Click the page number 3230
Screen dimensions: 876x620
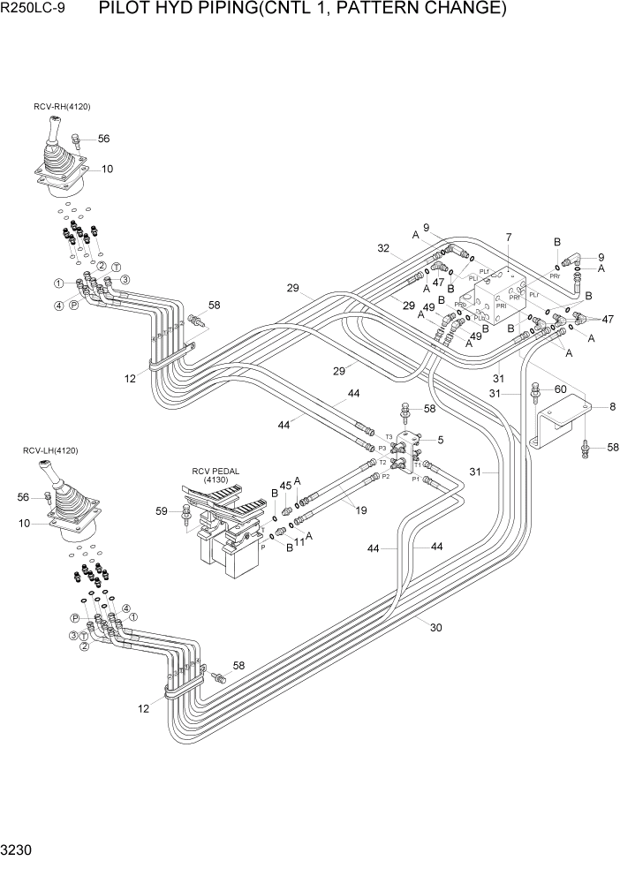[19, 856]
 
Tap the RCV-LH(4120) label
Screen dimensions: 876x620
[50, 451]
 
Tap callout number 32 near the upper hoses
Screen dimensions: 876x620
[383, 249]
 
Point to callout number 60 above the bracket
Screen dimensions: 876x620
[560, 389]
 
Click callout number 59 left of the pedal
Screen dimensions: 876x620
[161, 510]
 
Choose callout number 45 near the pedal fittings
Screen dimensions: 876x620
[284, 485]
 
